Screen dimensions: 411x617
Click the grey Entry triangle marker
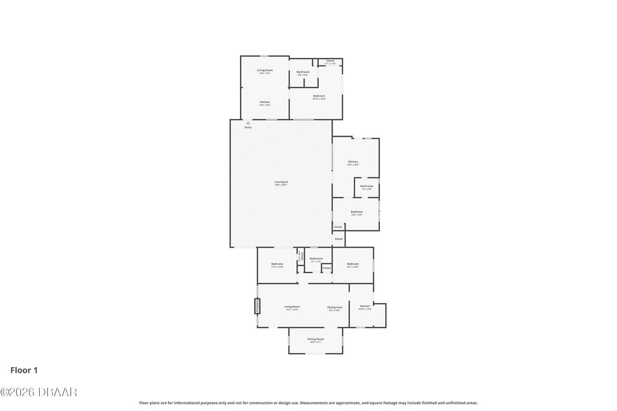point(248,123)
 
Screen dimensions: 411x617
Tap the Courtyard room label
point(281,182)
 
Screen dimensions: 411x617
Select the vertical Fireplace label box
point(257,306)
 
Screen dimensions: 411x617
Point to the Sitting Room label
point(316,339)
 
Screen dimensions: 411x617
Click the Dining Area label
point(335,307)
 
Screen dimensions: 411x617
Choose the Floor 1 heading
point(24,370)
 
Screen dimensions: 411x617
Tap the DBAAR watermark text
point(39,392)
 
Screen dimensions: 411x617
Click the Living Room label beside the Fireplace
point(292,307)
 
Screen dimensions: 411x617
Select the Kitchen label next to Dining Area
point(365,306)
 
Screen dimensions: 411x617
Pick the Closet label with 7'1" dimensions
point(330,61)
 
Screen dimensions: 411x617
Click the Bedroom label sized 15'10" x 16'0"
point(319,96)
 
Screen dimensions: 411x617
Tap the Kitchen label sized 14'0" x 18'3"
point(353,162)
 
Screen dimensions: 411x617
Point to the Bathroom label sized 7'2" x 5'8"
point(367,186)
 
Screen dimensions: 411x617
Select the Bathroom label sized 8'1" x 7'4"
point(316,259)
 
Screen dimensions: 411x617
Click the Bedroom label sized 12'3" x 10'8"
point(353,264)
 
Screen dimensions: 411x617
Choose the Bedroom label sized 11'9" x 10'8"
point(277,264)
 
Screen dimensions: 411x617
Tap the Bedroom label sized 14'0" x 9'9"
point(357,212)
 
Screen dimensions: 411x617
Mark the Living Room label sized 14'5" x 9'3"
point(265,70)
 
